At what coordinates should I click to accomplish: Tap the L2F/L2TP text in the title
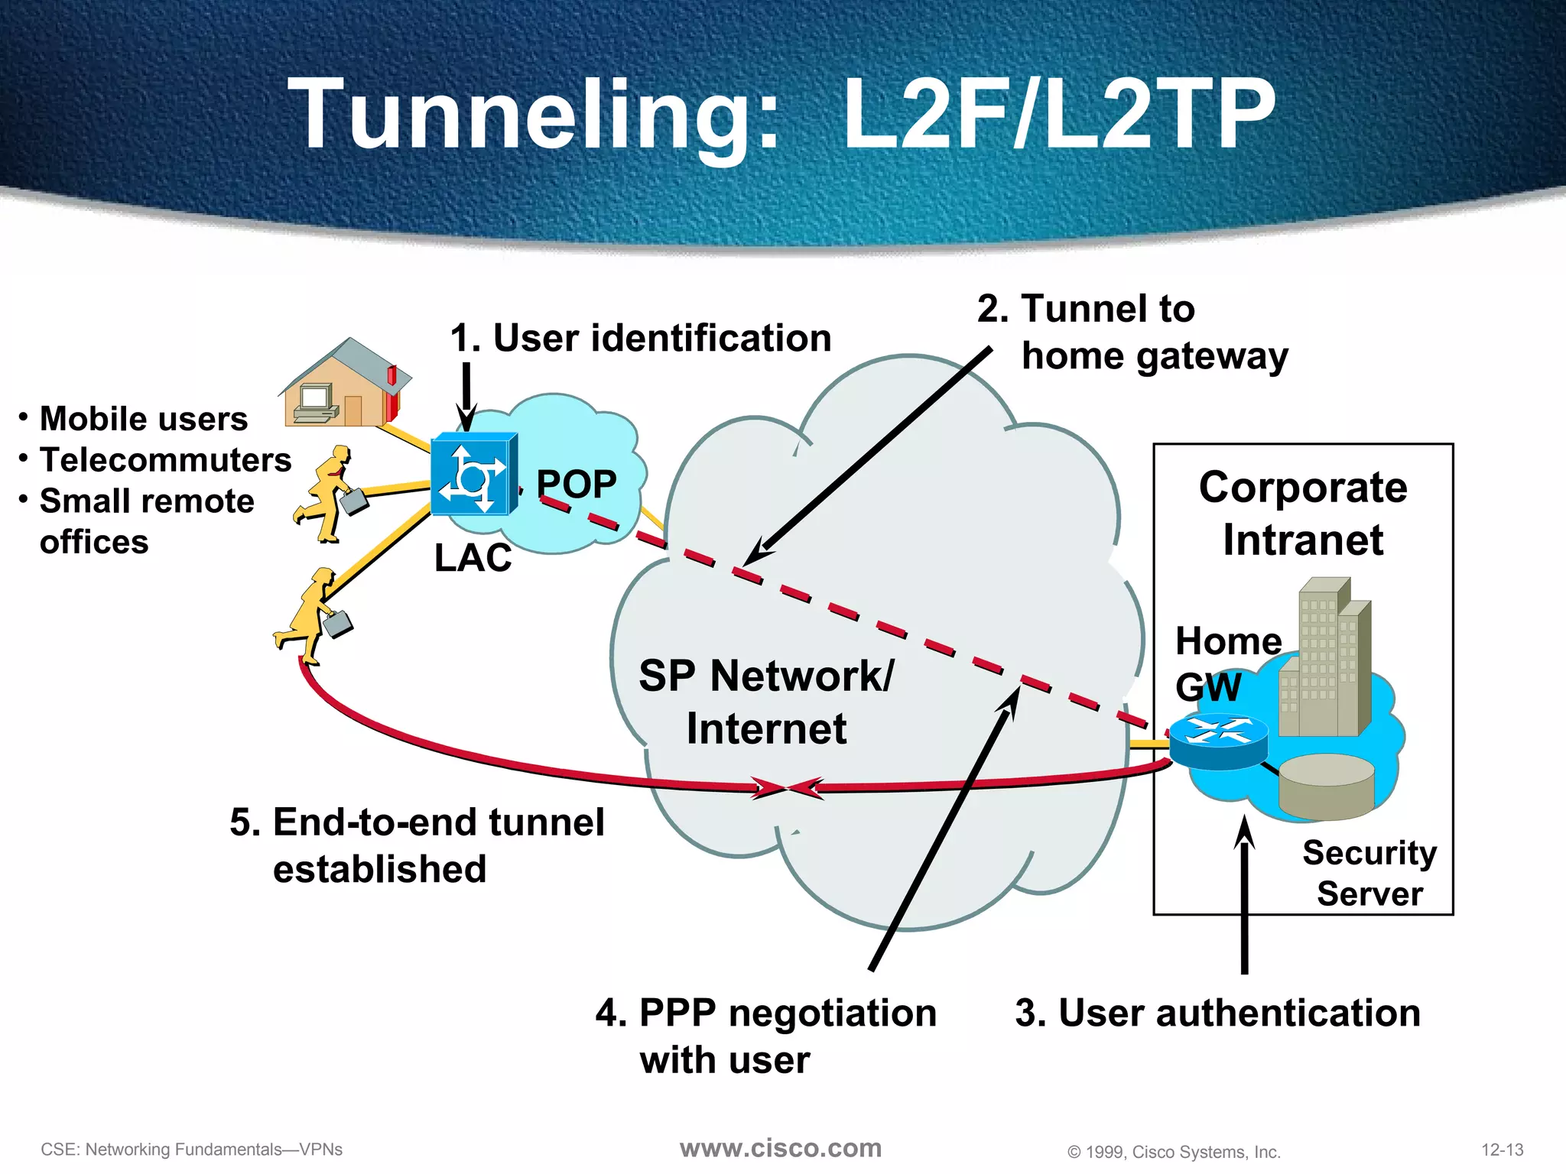coord(1058,115)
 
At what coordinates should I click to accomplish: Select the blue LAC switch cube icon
coord(473,475)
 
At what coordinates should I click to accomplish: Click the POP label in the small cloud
coord(577,483)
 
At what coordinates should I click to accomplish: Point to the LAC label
coord(473,557)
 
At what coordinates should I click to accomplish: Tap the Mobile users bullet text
coord(144,419)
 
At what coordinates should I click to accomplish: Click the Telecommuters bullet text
coord(165,460)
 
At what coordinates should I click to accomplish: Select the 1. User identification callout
coord(641,338)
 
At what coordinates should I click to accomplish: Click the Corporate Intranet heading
coord(1303,513)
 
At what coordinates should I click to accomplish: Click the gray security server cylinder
coord(1327,786)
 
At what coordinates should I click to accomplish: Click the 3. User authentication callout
coord(1217,1013)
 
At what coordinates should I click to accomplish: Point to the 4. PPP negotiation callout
coord(765,1036)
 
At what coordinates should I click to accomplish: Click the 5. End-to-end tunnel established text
coord(417,845)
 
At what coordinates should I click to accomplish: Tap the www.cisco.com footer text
coord(781,1148)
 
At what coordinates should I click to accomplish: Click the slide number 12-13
coord(1502,1150)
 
